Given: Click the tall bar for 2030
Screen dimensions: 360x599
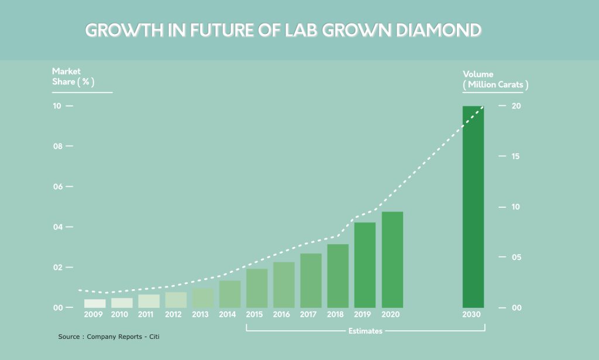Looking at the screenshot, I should click(473, 207).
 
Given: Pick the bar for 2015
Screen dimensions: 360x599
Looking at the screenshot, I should click(257, 288).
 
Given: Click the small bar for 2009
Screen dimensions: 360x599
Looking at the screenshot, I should click(95, 303).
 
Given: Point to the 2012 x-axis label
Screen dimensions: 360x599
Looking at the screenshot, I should click(173, 314).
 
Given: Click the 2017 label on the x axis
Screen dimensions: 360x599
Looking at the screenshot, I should click(308, 314).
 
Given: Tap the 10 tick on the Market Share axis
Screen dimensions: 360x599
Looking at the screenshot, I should click(57, 106).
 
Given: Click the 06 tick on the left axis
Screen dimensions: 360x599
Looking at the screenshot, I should click(57, 187).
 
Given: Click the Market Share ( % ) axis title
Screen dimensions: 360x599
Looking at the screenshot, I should click(73, 77).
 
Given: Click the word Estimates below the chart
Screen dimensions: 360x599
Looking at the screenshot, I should click(365, 331).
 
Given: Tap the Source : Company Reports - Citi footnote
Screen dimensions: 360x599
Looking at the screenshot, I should click(108, 337).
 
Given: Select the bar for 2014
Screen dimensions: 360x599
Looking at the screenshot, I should click(230, 294).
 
